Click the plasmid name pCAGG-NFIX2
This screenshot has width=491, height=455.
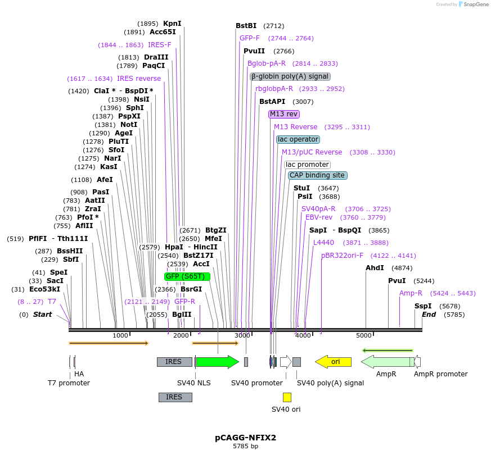tap(245, 437)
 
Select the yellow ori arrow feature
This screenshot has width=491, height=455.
tap(333, 362)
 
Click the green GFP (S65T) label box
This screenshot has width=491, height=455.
tap(187, 276)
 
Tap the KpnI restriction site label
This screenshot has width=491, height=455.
tap(172, 24)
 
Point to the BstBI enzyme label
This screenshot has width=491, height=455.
tap(246, 26)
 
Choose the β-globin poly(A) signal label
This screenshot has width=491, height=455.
tap(290, 76)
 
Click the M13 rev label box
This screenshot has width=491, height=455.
tap(284, 114)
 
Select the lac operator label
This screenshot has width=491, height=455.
tap(298, 139)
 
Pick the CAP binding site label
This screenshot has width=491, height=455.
tap(317, 175)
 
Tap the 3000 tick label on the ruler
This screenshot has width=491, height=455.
tap(242, 336)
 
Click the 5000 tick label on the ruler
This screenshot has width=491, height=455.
tap(364, 336)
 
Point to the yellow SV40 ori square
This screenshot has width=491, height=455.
tap(287, 397)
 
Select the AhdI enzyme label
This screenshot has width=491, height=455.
tap(375, 268)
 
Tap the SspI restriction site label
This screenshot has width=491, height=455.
tap(423, 306)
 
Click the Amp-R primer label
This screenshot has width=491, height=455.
tap(411, 293)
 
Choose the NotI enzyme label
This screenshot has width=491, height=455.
tap(129, 125)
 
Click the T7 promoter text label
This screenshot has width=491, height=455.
tap(69, 383)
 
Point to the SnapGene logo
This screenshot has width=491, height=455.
tap(471, 4)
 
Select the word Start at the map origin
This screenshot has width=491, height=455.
tap(42, 315)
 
